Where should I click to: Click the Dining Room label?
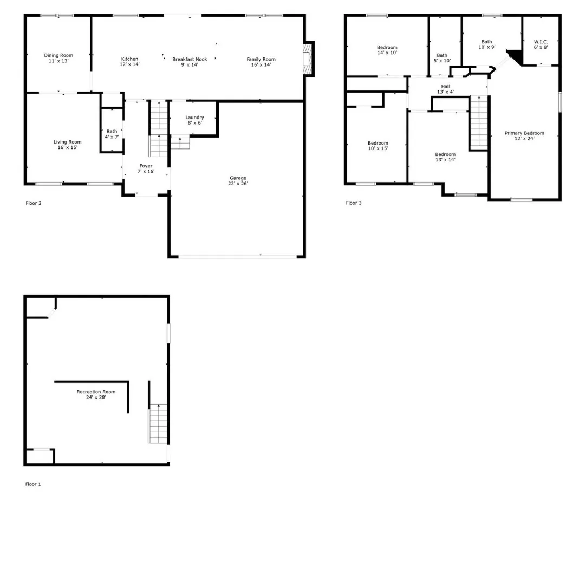point(58,58)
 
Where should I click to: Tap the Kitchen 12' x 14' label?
point(129,62)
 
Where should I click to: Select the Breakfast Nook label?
point(190,62)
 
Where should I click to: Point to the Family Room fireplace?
point(307,58)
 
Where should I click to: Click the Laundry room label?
point(194,120)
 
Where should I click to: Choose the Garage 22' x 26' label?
point(238,180)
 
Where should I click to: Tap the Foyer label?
point(146,168)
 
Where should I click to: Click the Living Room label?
point(67,145)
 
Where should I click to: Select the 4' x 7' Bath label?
point(112,134)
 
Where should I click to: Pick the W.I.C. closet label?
point(541,44)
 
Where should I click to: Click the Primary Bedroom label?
point(524,135)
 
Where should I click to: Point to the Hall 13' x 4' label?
point(445,89)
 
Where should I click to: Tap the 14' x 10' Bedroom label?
point(387,50)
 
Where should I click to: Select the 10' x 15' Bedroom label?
point(378,146)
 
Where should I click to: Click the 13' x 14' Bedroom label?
point(445,157)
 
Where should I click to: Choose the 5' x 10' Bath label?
point(442,57)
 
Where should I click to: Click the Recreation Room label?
point(96,394)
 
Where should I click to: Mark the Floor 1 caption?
point(33,484)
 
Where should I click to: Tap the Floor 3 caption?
point(354,203)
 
